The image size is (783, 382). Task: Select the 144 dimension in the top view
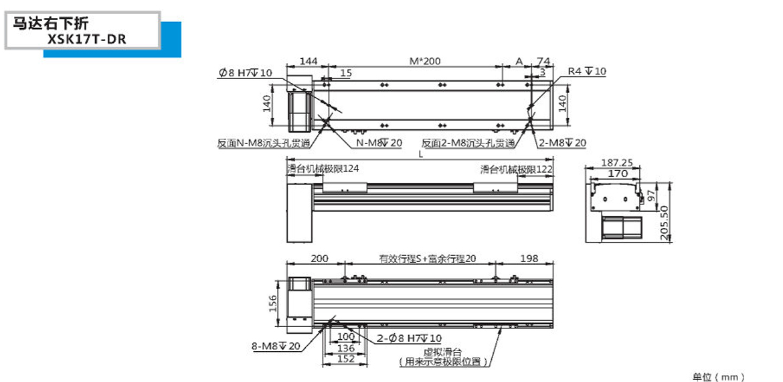pyautogui.click(x=308, y=62)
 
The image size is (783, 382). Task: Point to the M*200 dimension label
pyautogui.click(x=425, y=62)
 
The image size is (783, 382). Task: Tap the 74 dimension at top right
pyautogui.click(x=544, y=62)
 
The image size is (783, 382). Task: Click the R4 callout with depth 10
pyautogui.click(x=587, y=72)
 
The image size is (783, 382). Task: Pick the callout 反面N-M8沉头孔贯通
pyautogui.click(x=264, y=143)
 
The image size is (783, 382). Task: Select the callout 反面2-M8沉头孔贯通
pyautogui.click(x=468, y=143)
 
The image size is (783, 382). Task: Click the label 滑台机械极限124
pyautogui.click(x=323, y=168)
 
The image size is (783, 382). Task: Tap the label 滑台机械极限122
pyautogui.click(x=517, y=168)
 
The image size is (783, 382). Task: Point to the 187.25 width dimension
pyautogui.click(x=617, y=162)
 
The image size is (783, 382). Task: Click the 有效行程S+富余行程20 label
pyautogui.click(x=428, y=259)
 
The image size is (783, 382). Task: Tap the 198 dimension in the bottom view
pyautogui.click(x=529, y=259)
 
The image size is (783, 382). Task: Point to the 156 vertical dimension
pyautogui.click(x=273, y=303)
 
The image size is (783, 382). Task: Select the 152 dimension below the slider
pyautogui.click(x=345, y=359)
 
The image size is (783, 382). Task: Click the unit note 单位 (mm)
pyautogui.click(x=719, y=377)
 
